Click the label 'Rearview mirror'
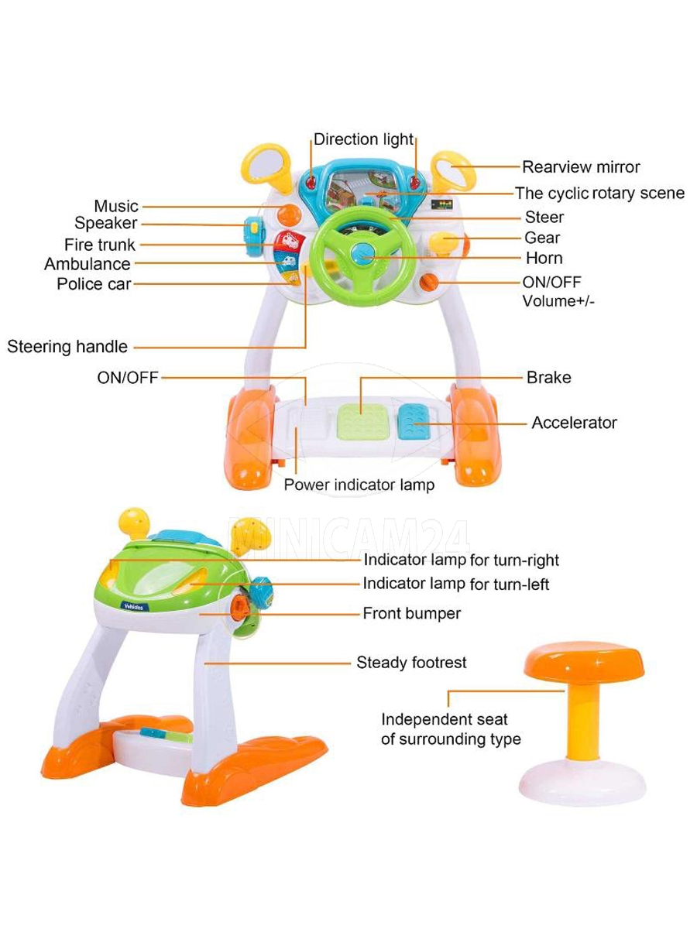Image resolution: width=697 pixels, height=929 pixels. (581, 166)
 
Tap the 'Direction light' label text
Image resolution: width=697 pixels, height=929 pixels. (363, 140)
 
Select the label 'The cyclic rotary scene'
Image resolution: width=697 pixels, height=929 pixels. (600, 193)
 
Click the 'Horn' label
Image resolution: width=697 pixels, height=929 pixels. (544, 258)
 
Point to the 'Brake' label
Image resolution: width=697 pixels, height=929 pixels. (548, 378)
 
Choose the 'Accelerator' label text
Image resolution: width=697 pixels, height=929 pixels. (574, 423)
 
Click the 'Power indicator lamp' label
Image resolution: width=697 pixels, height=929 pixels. (359, 485)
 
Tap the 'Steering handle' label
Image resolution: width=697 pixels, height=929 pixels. (67, 347)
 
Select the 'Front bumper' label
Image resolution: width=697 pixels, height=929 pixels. (411, 614)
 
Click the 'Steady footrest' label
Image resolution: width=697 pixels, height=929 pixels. (411, 663)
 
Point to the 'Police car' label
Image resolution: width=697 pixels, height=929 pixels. (94, 284)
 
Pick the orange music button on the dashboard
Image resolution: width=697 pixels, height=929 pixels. (287, 214)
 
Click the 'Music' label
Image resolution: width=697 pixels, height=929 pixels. (116, 206)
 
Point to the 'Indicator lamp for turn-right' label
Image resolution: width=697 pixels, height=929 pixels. (461, 560)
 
